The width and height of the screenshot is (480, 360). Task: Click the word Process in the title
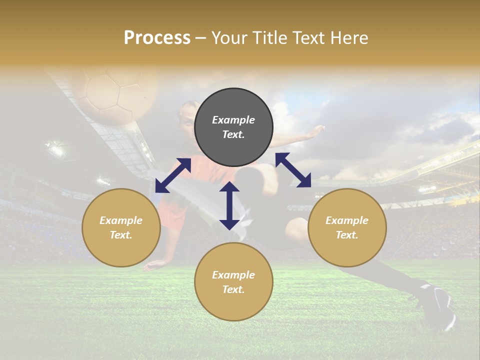[x=157, y=38]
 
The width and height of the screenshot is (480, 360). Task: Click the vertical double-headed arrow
[x=229, y=205]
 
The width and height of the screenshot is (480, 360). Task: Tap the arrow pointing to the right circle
[x=293, y=170]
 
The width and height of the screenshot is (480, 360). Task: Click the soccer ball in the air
[x=115, y=92]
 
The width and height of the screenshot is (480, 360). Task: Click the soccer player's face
[x=186, y=116]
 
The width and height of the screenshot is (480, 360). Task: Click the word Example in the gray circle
[x=233, y=120]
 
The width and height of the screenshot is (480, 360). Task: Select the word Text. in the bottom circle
[x=233, y=289]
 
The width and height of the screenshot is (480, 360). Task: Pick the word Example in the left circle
[x=121, y=220]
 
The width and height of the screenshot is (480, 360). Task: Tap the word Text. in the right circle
[x=347, y=235]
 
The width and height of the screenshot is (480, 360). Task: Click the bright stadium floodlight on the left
[x=55, y=149]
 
